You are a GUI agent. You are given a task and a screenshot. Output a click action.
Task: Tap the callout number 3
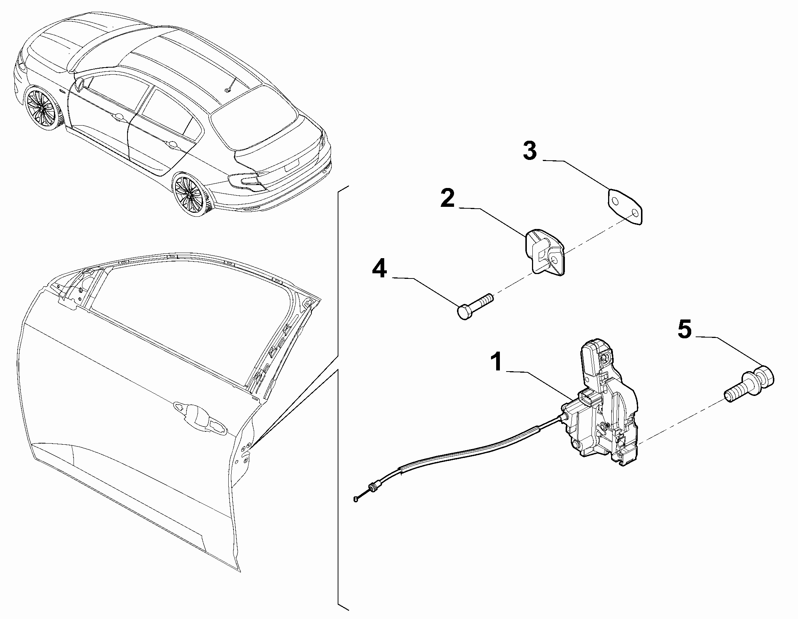click(x=530, y=151)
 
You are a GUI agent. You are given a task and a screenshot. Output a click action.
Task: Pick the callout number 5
click(x=684, y=329)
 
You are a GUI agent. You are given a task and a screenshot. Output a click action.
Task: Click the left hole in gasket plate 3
click(x=614, y=201)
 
